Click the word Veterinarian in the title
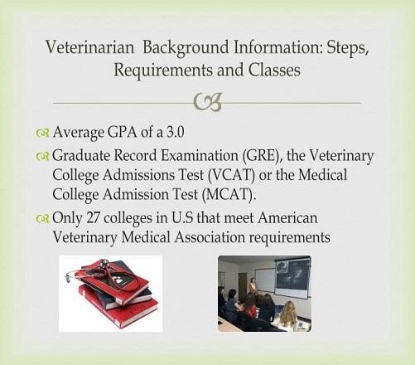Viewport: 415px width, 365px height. click(x=89, y=47)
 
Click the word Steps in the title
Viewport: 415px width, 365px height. click(x=348, y=48)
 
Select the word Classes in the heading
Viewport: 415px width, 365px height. click(x=274, y=70)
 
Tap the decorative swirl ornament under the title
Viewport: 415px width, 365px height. click(x=208, y=102)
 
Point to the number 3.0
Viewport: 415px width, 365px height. click(x=175, y=132)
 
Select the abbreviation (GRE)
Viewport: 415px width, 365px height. click(x=263, y=156)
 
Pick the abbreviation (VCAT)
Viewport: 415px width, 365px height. click(x=230, y=176)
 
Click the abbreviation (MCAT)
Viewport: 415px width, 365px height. click(x=229, y=195)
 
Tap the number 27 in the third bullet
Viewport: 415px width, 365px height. click(x=93, y=218)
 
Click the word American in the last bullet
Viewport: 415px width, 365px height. click(x=287, y=218)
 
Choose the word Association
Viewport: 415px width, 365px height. click(x=210, y=237)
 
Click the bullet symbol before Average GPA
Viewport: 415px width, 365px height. click(x=42, y=133)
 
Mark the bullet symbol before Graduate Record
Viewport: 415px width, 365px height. click(x=42, y=157)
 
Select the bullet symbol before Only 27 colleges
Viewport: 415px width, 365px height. click(x=42, y=219)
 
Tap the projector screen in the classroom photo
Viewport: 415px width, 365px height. click(x=293, y=277)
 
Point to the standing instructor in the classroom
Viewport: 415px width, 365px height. click(x=252, y=288)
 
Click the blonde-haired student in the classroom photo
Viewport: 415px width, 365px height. click(x=287, y=315)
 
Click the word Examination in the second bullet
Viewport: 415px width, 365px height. click(x=199, y=156)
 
